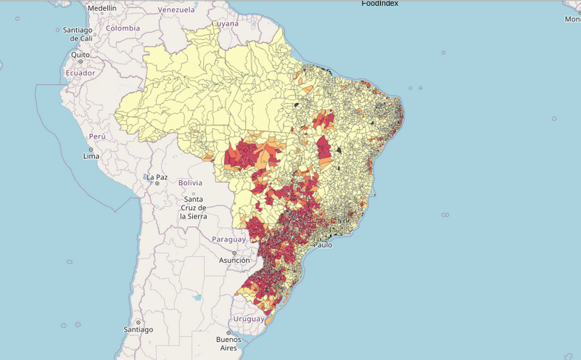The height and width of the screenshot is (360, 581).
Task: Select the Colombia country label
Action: (x=123, y=28)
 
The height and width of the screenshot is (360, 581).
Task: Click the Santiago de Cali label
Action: (x=77, y=33)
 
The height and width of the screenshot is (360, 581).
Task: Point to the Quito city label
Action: (x=80, y=54)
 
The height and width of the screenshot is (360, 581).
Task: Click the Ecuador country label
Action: (x=80, y=73)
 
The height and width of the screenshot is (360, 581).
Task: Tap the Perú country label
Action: (x=97, y=136)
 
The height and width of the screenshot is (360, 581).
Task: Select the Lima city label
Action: (x=91, y=156)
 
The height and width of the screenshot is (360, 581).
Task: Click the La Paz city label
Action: (x=157, y=177)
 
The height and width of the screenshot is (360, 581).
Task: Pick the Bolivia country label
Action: (x=190, y=183)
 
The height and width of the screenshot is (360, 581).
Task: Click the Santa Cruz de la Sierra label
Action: (x=194, y=208)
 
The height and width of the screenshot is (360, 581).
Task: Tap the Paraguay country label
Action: (x=229, y=240)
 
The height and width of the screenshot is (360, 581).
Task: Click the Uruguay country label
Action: (x=249, y=319)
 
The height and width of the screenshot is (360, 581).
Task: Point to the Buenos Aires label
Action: (x=228, y=343)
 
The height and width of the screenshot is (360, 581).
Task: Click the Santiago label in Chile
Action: (x=138, y=330)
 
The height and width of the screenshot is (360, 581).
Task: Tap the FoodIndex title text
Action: (x=379, y=4)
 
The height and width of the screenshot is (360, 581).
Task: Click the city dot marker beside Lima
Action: (x=84, y=147)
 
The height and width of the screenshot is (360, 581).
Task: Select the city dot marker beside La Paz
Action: (x=157, y=184)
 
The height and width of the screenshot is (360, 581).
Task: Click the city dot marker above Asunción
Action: (x=234, y=253)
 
